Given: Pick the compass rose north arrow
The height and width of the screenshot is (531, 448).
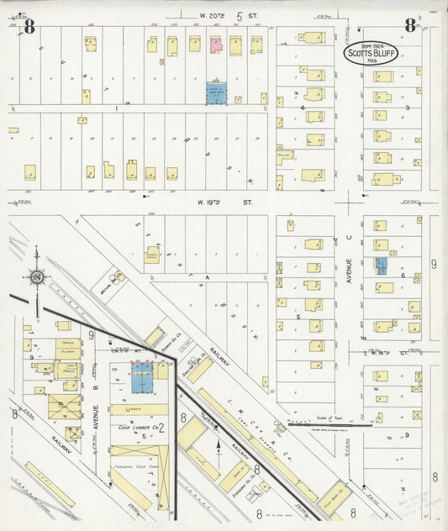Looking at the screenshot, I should tap(37, 276).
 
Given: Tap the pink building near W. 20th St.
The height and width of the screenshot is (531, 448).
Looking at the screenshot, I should tap(215, 44).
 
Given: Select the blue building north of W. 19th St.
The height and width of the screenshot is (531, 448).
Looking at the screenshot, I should tap(217, 93).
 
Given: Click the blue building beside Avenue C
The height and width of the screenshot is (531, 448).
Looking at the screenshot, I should tap(381, 266).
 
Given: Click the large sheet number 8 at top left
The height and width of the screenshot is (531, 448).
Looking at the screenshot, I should tap(29, 26).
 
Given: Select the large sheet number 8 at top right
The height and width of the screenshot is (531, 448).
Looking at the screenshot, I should tap(409, 25).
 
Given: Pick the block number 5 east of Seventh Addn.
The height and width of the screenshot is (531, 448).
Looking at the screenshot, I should tap(298, 317).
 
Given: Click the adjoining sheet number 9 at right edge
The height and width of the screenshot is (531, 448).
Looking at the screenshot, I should tap(435, 265).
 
